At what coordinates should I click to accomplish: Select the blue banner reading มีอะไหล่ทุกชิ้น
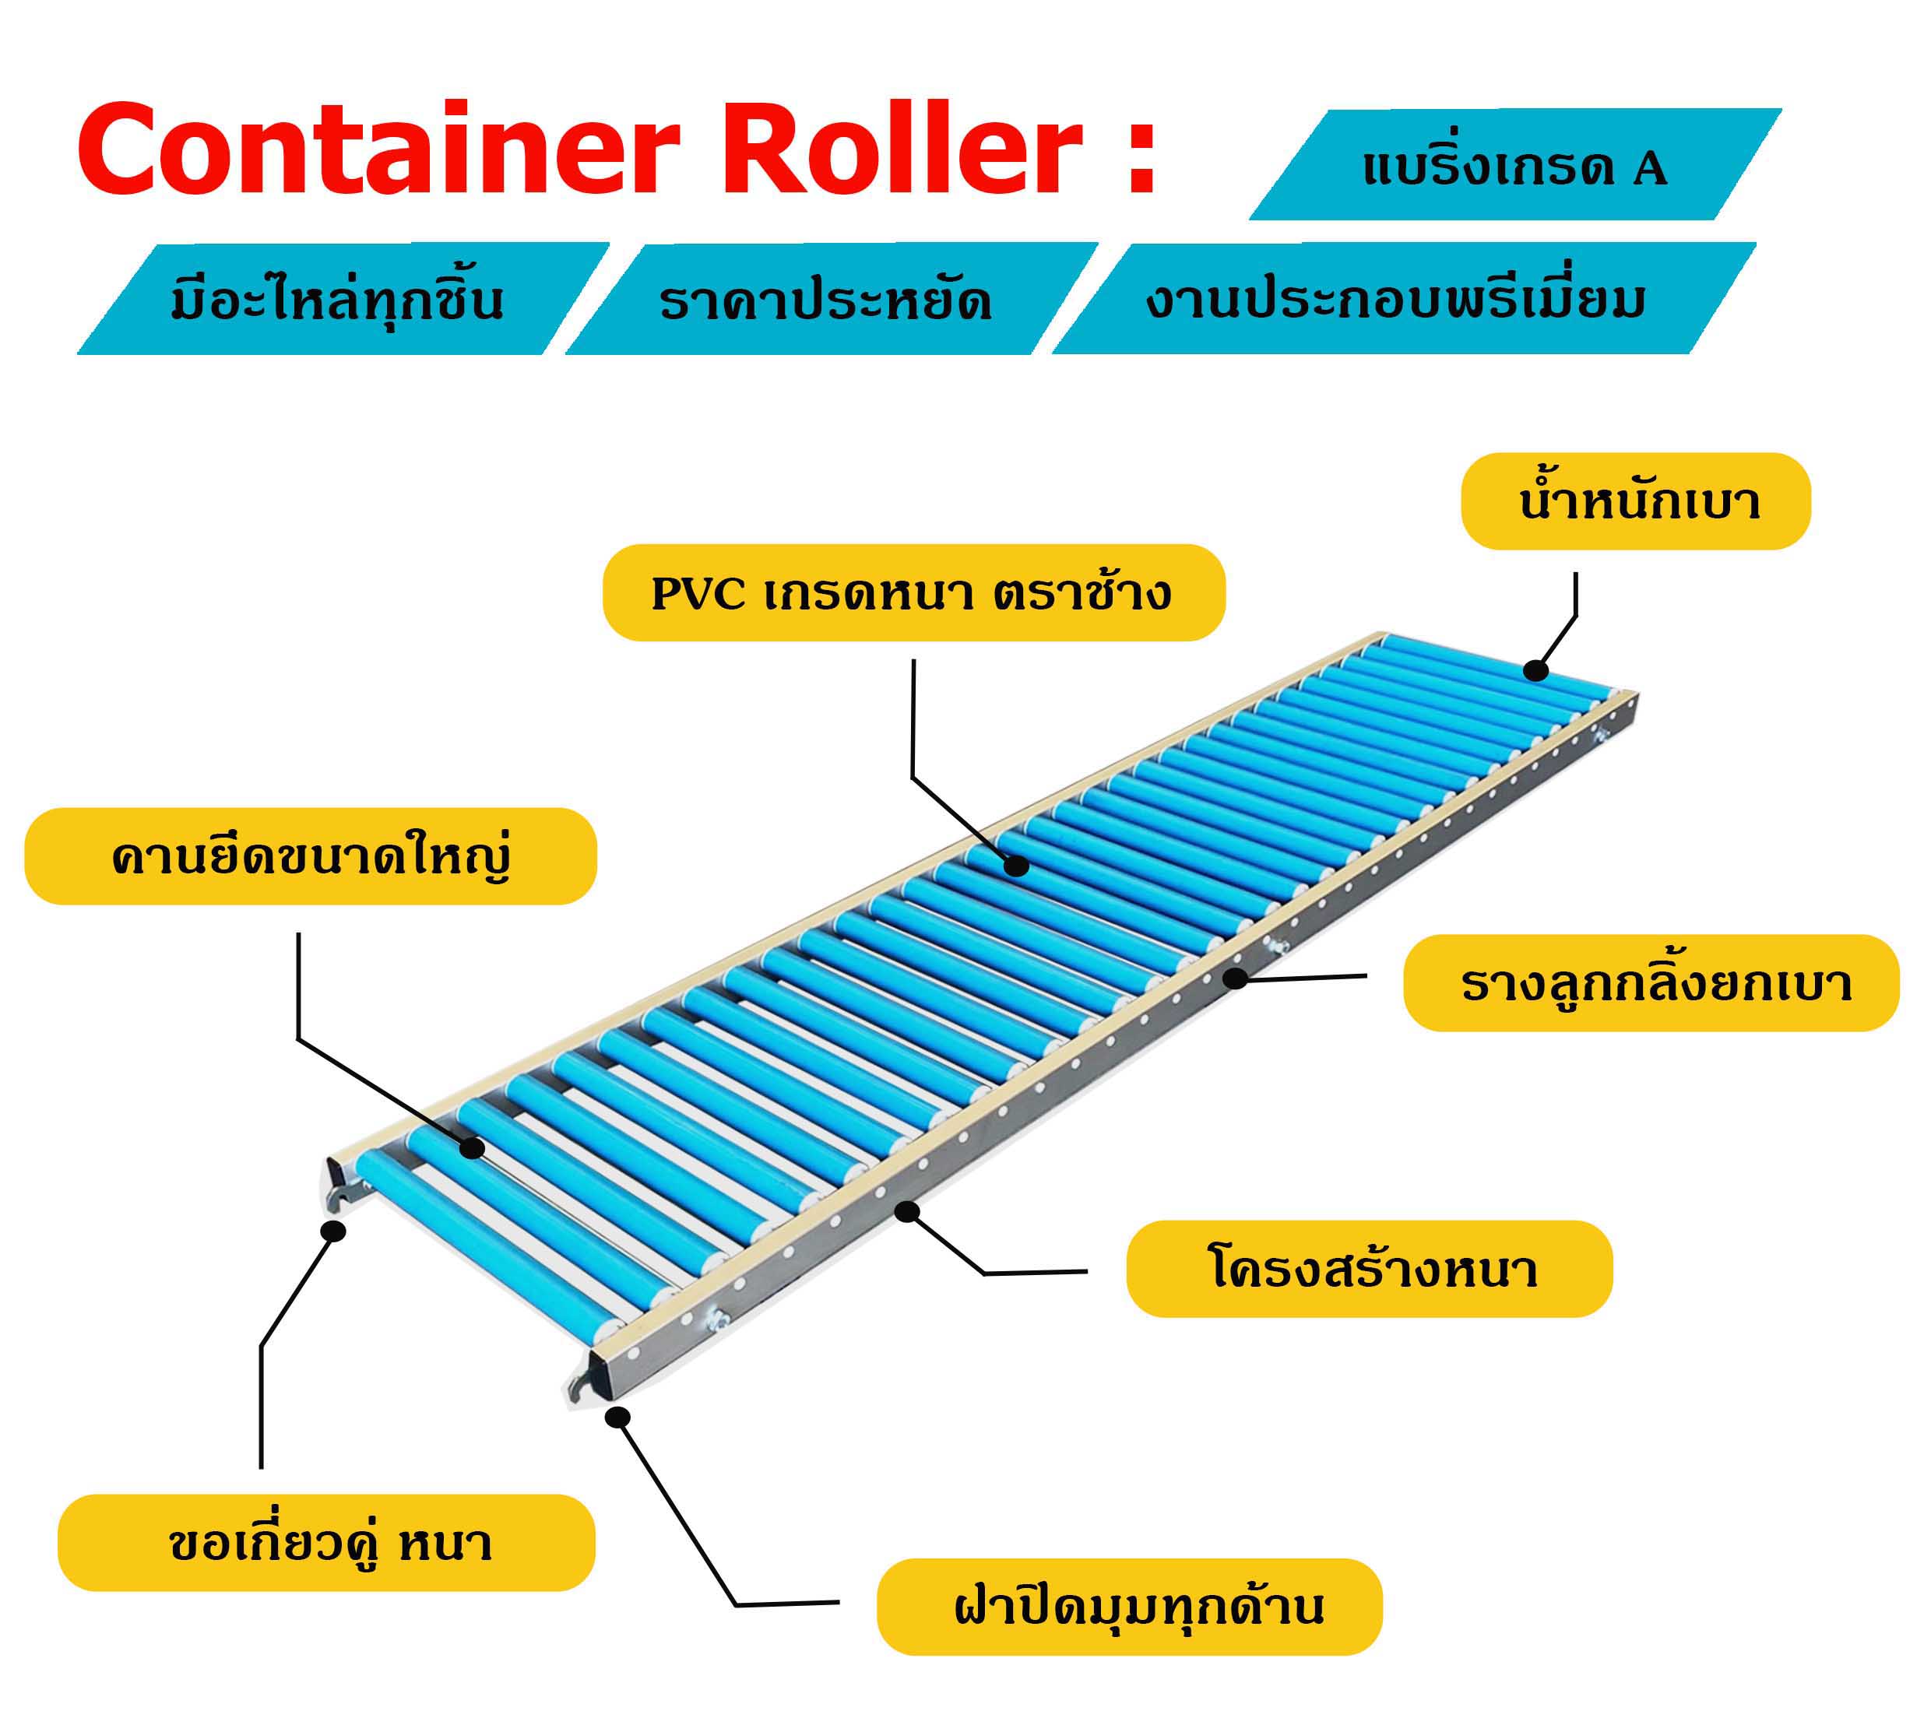pyautogui.click(x=341, y=300)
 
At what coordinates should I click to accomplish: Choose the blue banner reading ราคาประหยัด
pyautogui.click(x=829, y=300)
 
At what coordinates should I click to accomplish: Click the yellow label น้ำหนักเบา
pyautogui.click(x=1634, y=501)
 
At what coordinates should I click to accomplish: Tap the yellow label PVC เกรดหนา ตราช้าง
pyautogui.click(x=913, y=593)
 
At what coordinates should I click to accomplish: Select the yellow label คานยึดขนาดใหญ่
pyautogui.click(x=310, y=855)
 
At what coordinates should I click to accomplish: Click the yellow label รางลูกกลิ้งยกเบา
pyautogui.click(x=1651, y=983)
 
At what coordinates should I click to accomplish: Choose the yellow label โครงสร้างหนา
pyautogui.click(x=1369, y=1269)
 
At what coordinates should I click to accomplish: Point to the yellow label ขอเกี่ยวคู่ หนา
pyautogui.click(x=326, y=1543)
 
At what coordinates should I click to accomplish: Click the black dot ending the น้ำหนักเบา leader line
pyautogui.click(x=1535, y=671)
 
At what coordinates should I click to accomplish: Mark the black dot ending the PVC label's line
pyautogui.click(x=1016, y=866)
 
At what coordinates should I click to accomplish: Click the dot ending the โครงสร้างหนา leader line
pyautogui.click(x=907, y=1211)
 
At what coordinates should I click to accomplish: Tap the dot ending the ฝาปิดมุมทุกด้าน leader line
pyautogui.click(x=618, y=1418)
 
